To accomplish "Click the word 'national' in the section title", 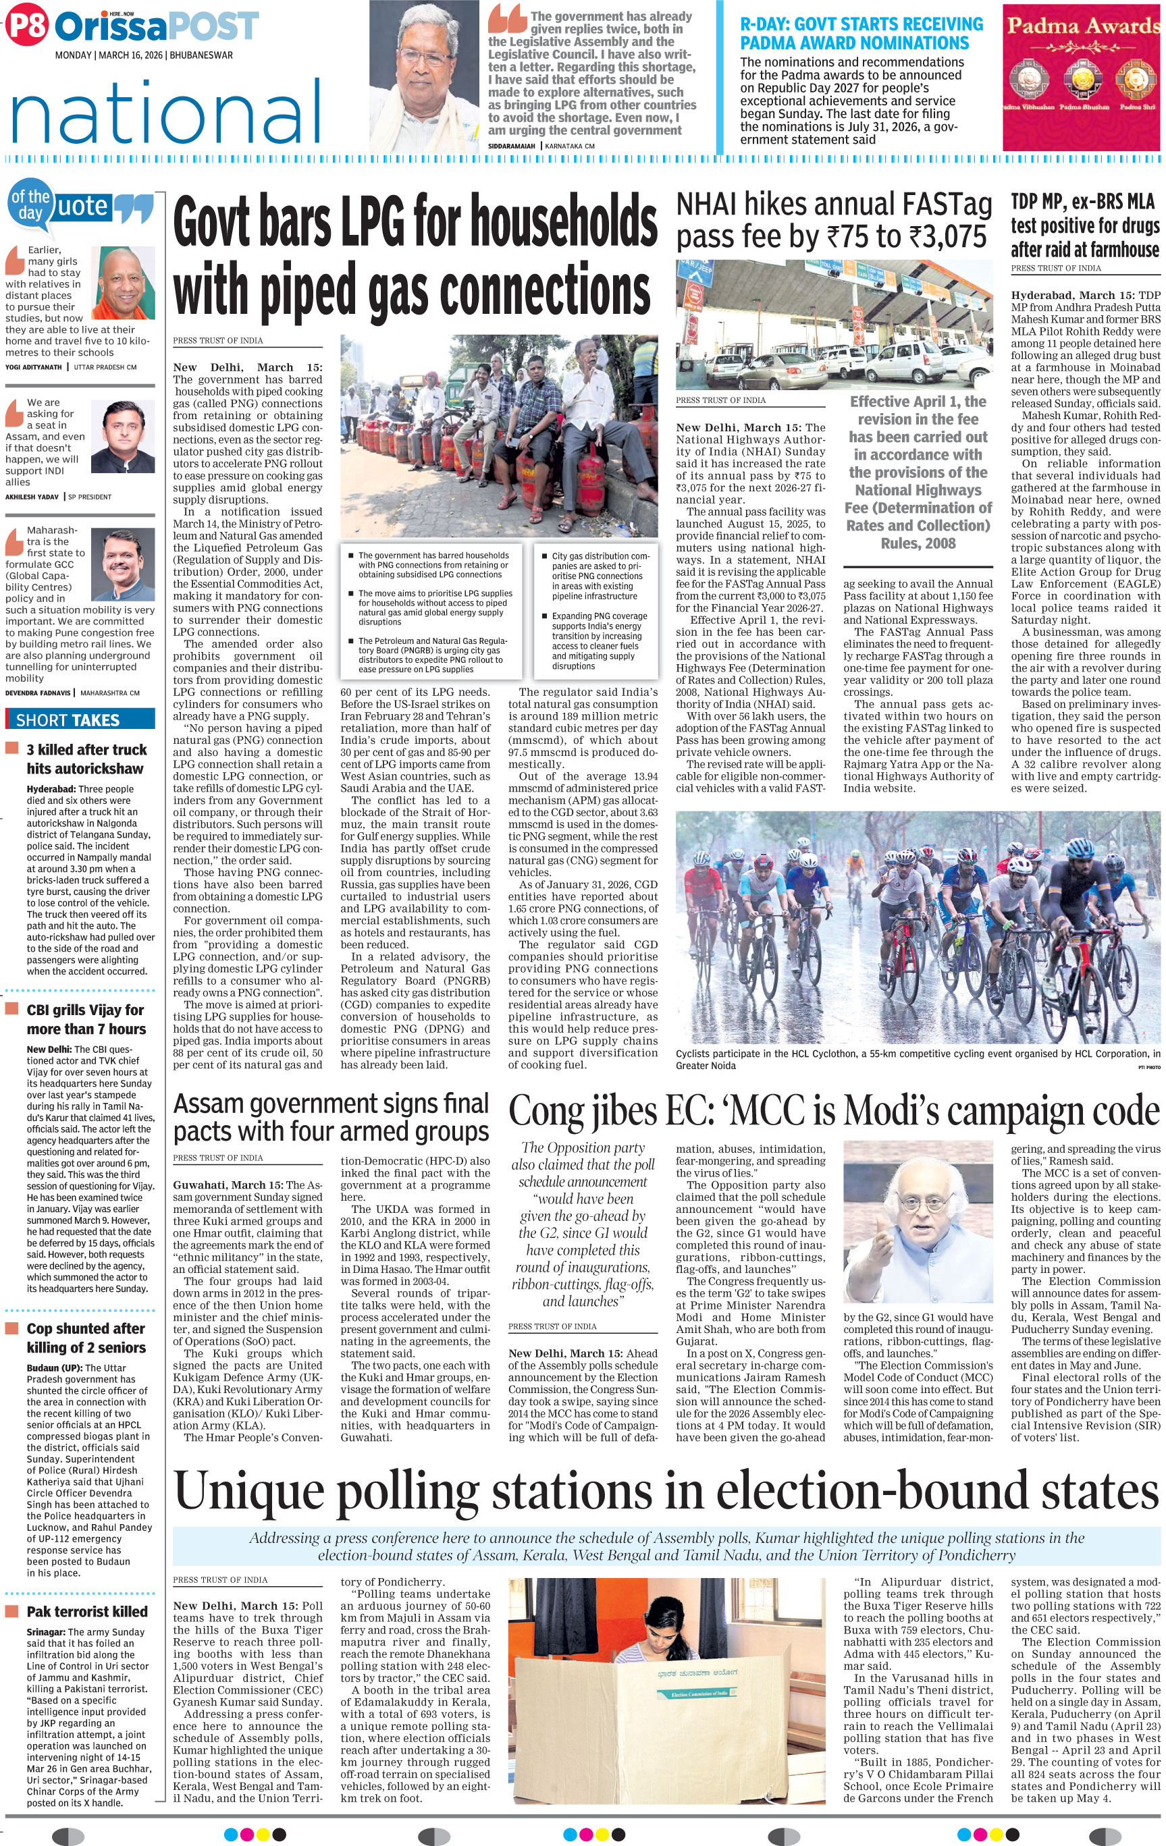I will [166, 113].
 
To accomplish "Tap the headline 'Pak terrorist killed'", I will [86, 1611].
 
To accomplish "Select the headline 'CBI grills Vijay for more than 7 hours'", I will [84, 1019].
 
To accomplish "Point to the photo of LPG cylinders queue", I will [499, 437].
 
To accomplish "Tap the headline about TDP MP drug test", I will [1084, 225].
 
